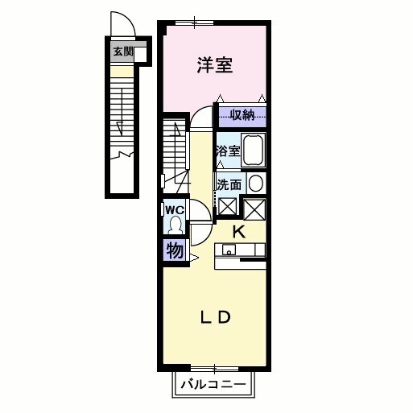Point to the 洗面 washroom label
229,184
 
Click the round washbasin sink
255,183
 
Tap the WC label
175,210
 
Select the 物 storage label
174,250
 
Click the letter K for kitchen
238,232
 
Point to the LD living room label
216,317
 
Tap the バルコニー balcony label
213,385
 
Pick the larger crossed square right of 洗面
254,209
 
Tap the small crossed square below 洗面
227,206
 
